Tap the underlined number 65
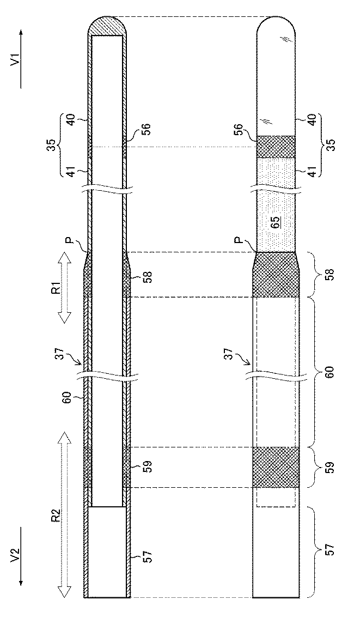(x=276, y=222)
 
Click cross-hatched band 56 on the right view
(x=276, y=147)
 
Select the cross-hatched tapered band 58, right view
(x=276, y=275)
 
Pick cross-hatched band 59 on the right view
(x=276, y=467)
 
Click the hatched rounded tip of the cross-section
(x=108, y=26)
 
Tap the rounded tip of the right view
(x=276, y=27)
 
